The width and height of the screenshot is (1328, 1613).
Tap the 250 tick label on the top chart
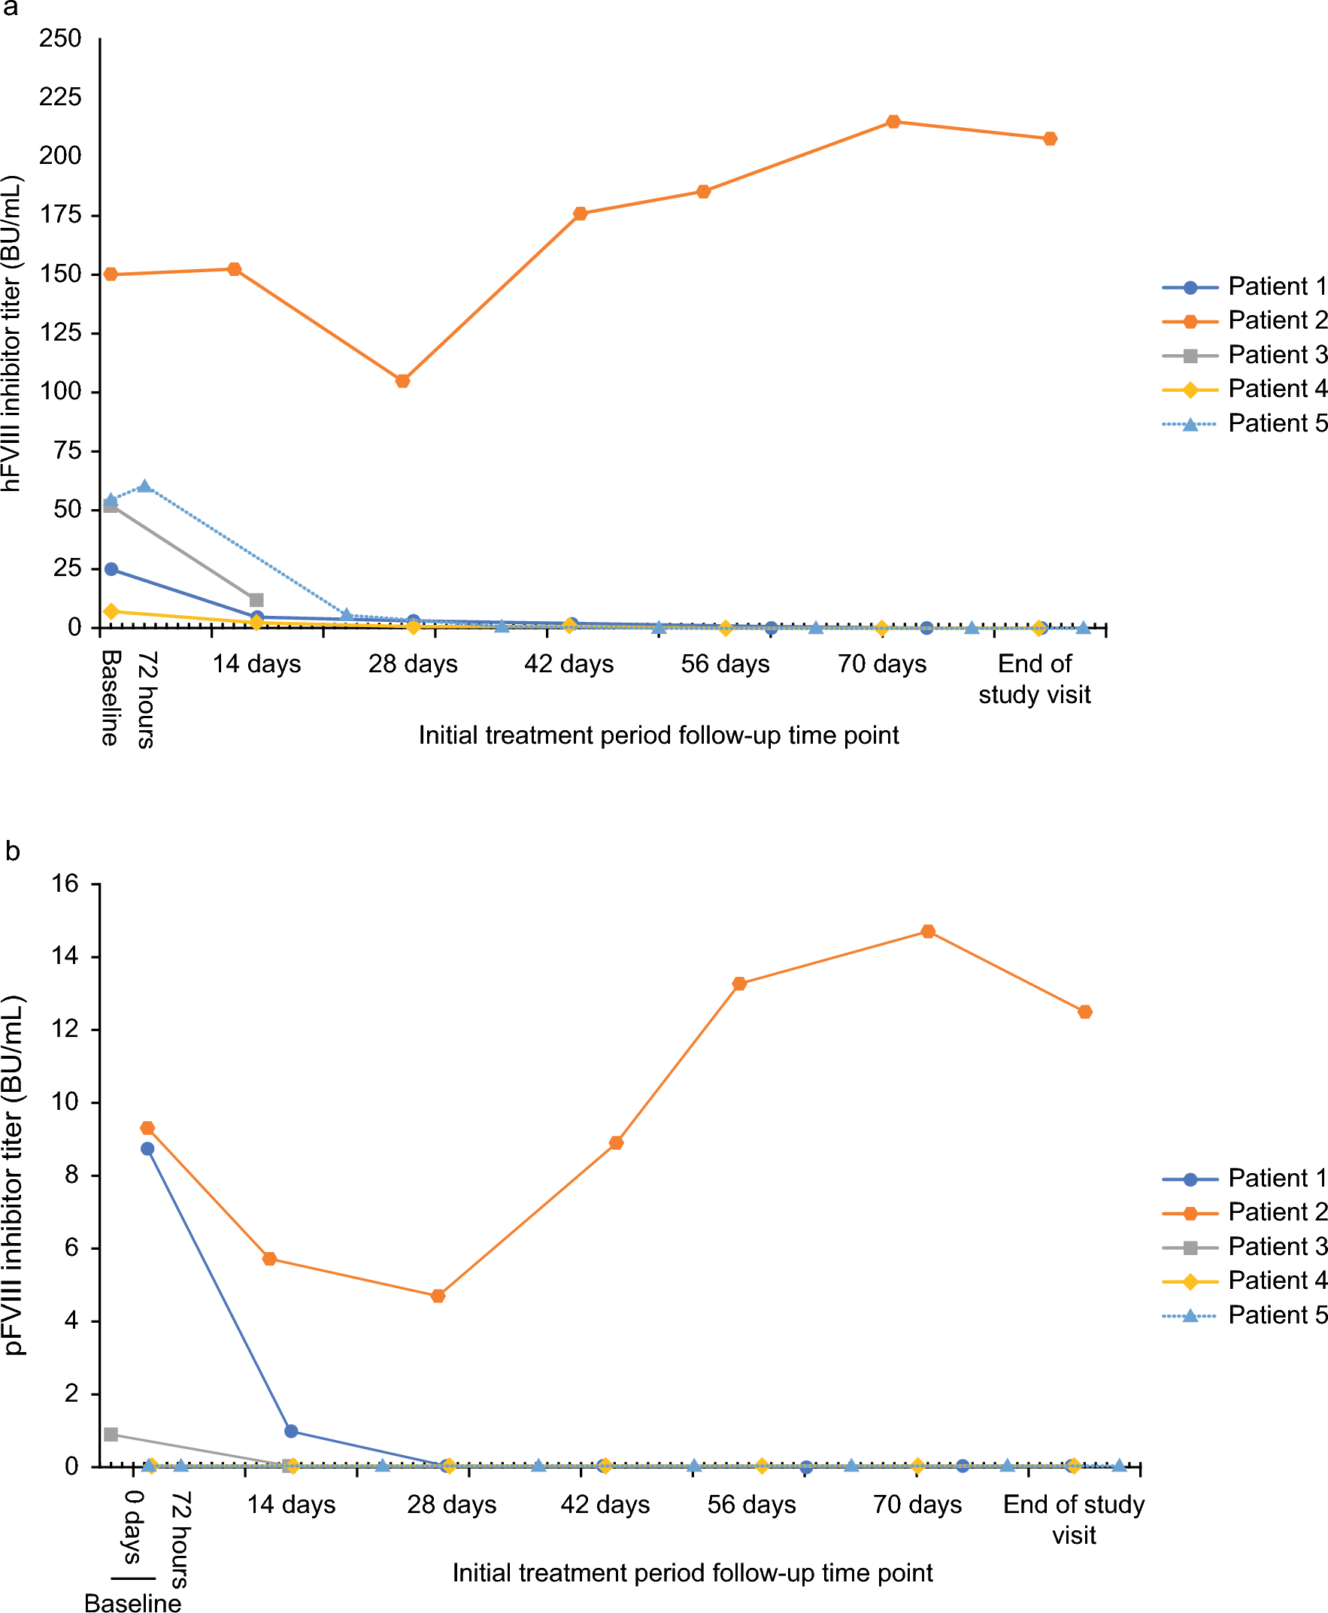[x=59, y=38]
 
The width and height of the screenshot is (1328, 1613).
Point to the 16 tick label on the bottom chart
[x=65, y=884]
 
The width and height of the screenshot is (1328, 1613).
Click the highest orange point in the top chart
[x=893, y=122]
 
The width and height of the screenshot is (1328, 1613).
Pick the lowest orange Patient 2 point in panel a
[x=402, y=381]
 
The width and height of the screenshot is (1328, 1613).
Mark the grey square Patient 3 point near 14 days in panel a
[x=256, y=600]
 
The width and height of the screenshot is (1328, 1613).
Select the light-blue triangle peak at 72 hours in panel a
[x=145, y=487]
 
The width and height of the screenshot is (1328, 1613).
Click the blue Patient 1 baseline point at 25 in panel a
[x=111, y=569]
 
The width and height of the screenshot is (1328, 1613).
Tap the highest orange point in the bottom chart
[x=928, y=932]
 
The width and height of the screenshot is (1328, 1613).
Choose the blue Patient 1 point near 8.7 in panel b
[x=147, y=1149]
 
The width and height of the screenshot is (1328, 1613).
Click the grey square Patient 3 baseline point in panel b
[x=111, y=1434]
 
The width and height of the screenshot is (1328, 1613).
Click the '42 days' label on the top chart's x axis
[x=568, y=664]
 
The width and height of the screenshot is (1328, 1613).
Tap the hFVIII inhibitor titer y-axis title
[x=12, y=333]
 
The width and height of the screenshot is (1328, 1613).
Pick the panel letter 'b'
[x=12, y=851]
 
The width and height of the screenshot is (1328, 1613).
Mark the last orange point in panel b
[x=1085, y=1012]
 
